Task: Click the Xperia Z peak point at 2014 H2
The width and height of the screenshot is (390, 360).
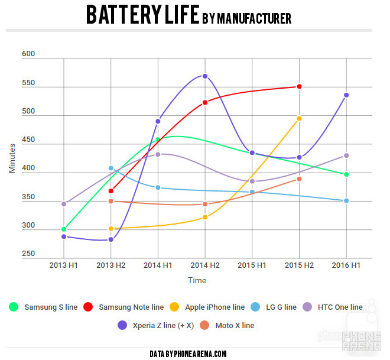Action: point(205,76)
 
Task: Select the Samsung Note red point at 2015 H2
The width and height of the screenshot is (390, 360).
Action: point(300,87)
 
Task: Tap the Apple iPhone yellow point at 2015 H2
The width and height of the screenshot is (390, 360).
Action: point(300,118)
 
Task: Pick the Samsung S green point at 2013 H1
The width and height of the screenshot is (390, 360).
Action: point(63,229)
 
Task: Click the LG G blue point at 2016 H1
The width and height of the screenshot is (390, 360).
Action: point(347,201)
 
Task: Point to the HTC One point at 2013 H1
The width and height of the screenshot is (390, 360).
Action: point(63,204)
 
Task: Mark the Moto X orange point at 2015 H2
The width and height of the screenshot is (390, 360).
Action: point(300,179)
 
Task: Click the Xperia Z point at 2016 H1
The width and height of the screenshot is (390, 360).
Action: point(347,95)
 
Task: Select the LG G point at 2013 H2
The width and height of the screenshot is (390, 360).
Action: point(110,168)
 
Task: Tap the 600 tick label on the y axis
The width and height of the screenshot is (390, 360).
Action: point(28,54)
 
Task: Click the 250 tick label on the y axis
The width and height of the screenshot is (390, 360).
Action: point(28,254)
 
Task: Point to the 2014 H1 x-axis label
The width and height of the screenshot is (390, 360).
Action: point(158,265)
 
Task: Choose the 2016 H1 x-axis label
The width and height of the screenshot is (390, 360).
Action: point(347,265)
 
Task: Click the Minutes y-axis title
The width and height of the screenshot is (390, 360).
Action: point(12,157)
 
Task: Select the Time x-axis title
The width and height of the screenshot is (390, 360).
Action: point(197,280)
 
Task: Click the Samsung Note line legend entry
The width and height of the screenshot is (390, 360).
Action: point(131,307)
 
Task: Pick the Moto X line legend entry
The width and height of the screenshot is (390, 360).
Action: point(235,325)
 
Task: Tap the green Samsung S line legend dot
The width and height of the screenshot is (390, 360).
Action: point(14,307)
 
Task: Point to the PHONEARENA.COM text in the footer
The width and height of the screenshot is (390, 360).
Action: point(197,353)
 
